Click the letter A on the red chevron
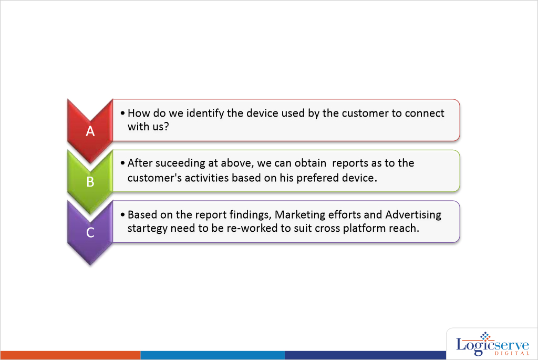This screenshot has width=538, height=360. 90,131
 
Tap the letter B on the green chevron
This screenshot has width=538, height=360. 90,181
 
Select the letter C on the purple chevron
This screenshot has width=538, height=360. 90,232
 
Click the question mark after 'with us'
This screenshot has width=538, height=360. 167,126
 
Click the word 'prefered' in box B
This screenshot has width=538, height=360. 318,178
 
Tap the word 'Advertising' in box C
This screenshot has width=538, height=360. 413,215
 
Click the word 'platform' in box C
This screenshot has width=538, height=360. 365,229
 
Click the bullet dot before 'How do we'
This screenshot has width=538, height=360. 122,113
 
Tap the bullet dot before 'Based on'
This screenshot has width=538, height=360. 122,215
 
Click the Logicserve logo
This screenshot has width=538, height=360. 492,344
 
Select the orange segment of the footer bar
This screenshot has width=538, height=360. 71,355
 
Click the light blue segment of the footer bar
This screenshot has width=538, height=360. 213,355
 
